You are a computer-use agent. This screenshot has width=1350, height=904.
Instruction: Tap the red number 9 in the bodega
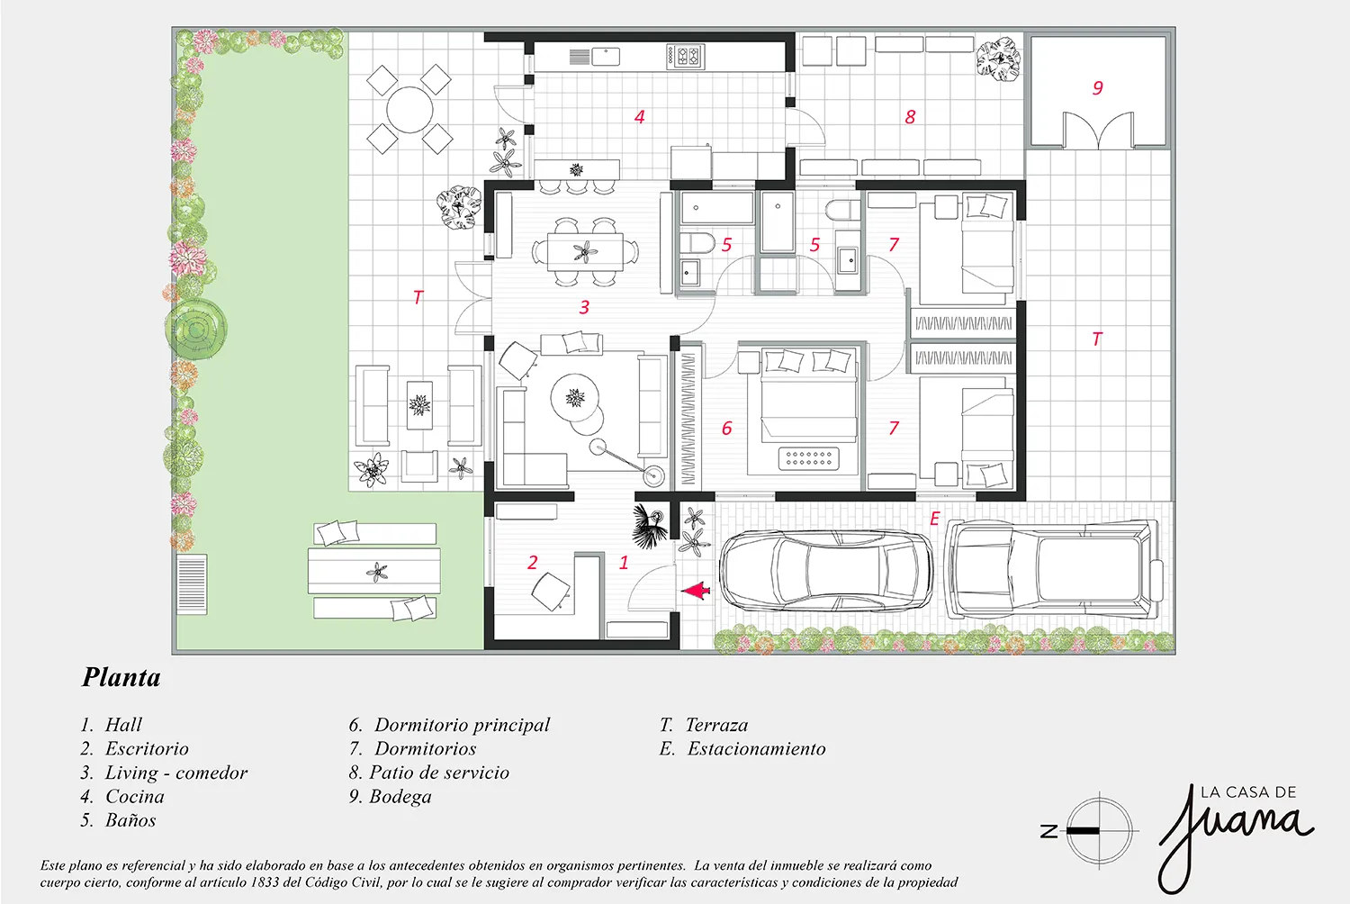pyautogui.click(x=1097, y=88)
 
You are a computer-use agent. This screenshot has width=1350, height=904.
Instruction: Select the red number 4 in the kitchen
pyautogui.click(x=639, y=116)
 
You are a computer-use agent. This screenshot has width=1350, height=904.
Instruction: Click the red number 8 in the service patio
pyautogui.click(x=910, y=116)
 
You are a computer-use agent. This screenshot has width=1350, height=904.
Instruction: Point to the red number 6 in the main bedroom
pyautogui.click(x=727, y=429)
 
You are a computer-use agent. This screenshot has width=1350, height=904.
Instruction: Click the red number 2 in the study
pyautogui.click(x=532, y=562)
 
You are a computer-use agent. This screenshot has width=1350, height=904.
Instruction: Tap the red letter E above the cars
pyautogui.click(x=935, y=518)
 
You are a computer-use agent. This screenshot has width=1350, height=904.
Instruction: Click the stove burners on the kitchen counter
pyautogui.click(x=685, y=56)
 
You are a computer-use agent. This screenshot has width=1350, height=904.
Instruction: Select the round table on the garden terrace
pyautogui.click(x=409, y=110)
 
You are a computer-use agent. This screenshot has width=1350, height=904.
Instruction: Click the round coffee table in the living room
pyautogui.click(x=575, y=398)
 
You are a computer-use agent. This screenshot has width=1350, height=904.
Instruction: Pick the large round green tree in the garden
pyautogui.click(x=196, y=330)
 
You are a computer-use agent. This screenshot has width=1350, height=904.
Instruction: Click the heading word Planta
pyautogui.click(x=121, y=677)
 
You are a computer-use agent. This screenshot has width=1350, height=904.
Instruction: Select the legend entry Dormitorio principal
pyautogui.click(x=463, y=725)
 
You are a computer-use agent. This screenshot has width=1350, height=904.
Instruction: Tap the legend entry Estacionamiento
pyautogui.click(x=756, y=749)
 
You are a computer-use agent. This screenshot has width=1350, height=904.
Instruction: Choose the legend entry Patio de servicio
pyautogui.click(x=439, y=773)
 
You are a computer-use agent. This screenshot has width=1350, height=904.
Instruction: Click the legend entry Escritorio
pyautogui.click(x=147, y=749)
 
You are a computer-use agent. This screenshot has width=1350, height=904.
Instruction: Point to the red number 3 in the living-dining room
pyautogui.click(x=584, y=307)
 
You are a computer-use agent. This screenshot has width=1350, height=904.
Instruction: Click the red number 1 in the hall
pyautogui.click(x=624, y=562)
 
